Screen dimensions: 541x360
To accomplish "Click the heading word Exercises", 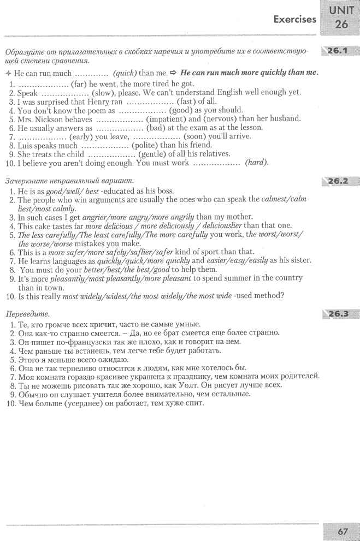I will point(296,20).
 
